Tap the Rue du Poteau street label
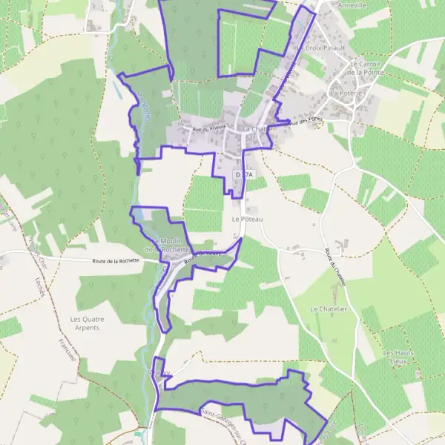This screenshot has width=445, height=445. [208, 128]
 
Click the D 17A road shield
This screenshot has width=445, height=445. [244, 174]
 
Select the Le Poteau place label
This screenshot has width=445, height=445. [248, 220]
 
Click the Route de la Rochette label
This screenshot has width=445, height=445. [116, 261]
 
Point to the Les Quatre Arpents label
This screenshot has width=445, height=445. [85, 323]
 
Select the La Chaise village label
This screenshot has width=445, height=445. [254, 129]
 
